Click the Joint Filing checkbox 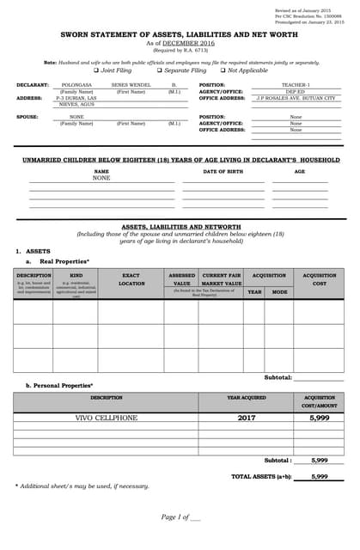[x=96, y=70]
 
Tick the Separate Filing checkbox [x=159, y=70]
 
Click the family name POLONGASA [x=76, y=86]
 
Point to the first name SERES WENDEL [x=131, y=86]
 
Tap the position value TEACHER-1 [x=296, y=86]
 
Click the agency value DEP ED [x=296, y=92]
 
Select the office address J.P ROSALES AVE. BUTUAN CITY [x=296, y=99]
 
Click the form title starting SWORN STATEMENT [x=180, y=35]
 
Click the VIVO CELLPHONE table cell [x=106, y=418]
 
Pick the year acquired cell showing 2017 [x=246, y=418]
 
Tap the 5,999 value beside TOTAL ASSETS [x=319, y=476]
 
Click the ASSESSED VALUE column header [x=181, y=279]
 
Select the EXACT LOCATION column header [x=131, y=279]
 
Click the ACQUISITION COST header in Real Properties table [x=319, y=279]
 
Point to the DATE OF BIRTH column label [x=223, y=172]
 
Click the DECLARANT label [x=33, y=86]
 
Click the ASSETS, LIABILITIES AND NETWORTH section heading [x=180, y=226]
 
